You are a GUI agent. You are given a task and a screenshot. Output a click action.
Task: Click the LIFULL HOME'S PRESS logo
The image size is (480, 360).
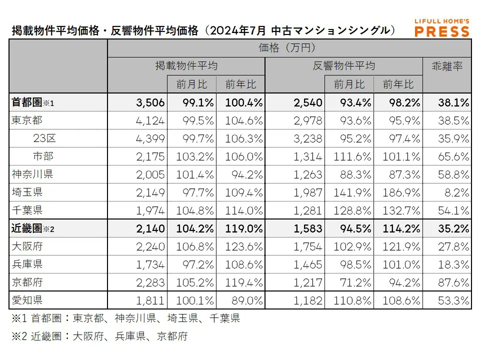click(x=442, y=28)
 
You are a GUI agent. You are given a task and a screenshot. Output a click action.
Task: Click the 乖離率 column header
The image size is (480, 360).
click(x=446, y=66)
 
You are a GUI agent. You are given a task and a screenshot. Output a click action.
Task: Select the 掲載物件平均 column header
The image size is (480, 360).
click(x=186, y=66)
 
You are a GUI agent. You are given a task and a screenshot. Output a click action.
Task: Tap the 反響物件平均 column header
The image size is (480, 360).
click(x=344, y=66)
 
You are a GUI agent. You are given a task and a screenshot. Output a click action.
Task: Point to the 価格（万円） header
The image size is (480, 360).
click(x=289, y=48)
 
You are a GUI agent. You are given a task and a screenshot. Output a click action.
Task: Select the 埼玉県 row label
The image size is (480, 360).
click(x=27, y=192)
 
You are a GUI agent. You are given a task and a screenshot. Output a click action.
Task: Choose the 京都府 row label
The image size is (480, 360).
click(x=27, y=282)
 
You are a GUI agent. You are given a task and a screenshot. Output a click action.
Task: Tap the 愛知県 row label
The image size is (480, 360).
click(x=27, y=300)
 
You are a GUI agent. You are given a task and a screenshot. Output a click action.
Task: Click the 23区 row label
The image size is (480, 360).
click(x=43, y=138)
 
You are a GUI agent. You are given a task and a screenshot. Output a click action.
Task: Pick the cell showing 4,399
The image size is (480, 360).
click(x=150, y=138)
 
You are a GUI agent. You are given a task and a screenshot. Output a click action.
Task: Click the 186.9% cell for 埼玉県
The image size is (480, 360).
click(x=398, y=192)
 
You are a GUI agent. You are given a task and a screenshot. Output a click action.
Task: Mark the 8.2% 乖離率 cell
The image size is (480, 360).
click(x=455, y=192)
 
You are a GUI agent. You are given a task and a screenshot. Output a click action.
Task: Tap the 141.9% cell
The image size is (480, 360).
click(x=349, y=192)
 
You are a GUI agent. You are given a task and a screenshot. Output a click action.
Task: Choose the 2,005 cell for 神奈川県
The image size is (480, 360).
click(x=150, y=174)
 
